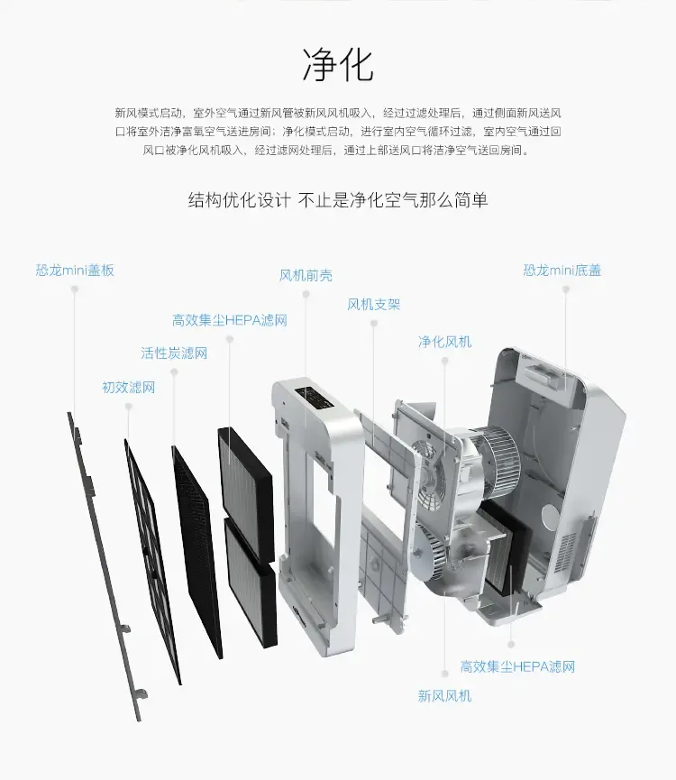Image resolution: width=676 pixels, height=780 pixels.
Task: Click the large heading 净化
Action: click(338, 65)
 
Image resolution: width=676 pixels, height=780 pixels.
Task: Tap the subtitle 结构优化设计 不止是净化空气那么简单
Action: click(338, 200)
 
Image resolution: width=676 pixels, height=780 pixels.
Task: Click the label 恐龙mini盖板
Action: click(75, 271)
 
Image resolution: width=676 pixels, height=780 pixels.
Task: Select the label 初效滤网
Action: click(128, 387)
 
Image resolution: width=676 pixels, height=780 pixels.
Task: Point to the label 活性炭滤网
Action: click(174, 353)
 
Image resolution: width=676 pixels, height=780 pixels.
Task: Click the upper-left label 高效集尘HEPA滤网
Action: click(230, 320)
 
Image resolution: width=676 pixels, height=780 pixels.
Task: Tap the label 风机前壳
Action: click(306, 275)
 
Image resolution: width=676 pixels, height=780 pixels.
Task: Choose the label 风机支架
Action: click(374, 304)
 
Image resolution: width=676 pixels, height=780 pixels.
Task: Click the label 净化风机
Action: click(444, 342)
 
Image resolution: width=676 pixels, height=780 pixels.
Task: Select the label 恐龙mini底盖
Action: click(562, 271)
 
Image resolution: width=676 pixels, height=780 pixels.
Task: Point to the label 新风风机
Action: click(444, 695)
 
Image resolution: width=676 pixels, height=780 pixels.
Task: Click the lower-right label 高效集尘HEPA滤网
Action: click(517, 666)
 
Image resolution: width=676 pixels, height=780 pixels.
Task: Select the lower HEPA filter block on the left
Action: click(250, 581)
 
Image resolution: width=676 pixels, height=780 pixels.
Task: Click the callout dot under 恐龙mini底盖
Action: click(565, 289)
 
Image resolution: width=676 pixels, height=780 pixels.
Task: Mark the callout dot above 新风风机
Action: click(445, 674)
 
